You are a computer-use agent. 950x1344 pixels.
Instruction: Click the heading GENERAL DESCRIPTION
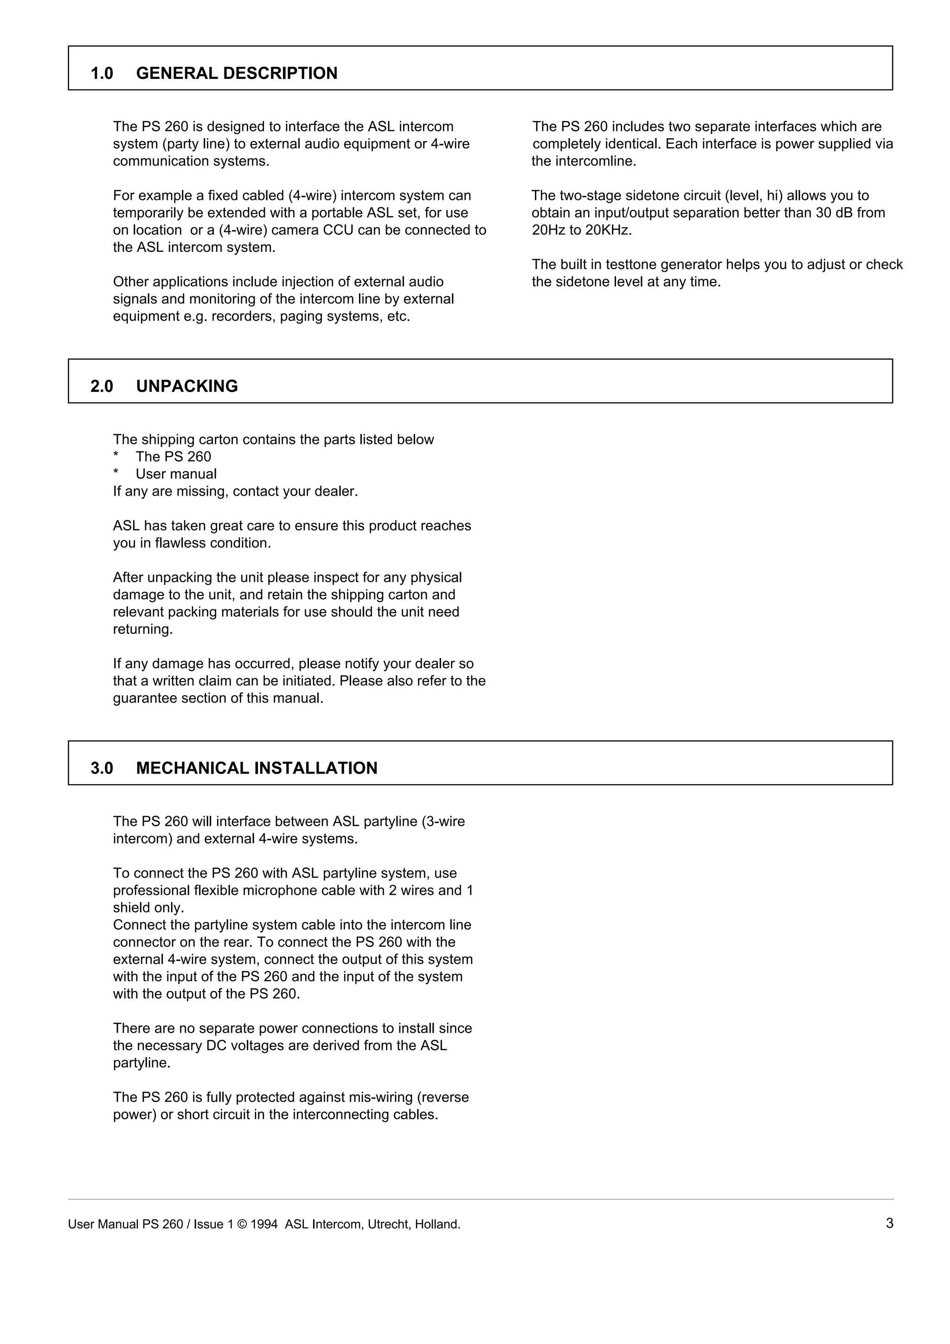(237, 73)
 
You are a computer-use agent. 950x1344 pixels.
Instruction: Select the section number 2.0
(102, 386)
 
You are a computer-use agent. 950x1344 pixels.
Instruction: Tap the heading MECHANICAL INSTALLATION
(257, 768)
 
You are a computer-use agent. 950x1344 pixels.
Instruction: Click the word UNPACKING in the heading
(187, 386)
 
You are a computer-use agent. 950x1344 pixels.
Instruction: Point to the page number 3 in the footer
(889, 1223)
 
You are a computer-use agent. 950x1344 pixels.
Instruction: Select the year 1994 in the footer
(264, 1224)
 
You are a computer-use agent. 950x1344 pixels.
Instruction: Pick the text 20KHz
(608, 230)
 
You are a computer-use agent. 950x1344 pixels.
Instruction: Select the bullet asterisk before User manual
(116, 474)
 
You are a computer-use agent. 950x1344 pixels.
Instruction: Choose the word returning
(143, 629)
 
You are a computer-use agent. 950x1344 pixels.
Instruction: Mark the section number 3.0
(102, 768)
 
